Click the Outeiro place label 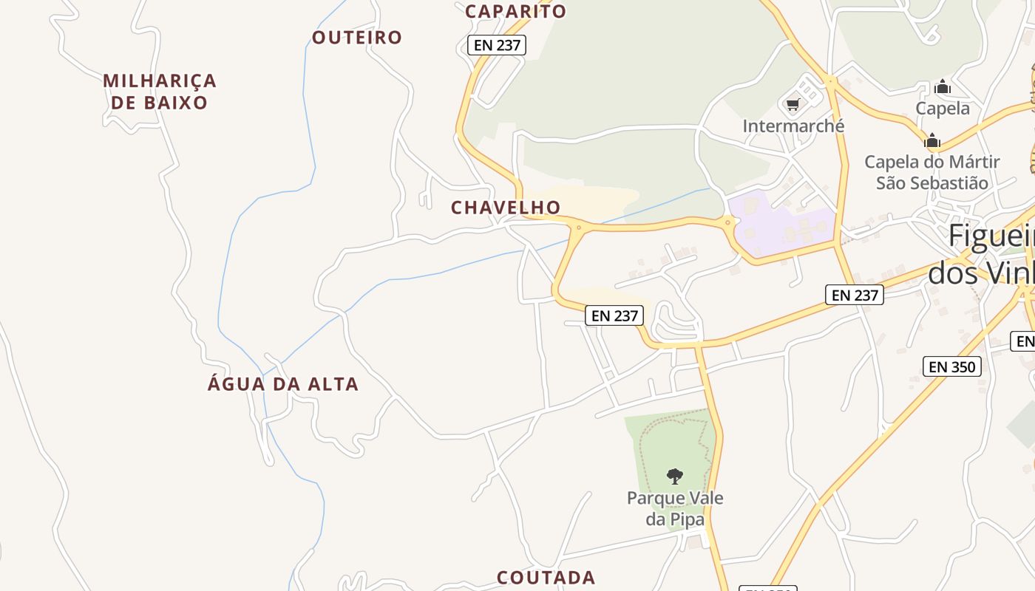point(356,37)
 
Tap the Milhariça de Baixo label point(160,91)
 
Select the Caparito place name point(515,11)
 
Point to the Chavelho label point(506,208)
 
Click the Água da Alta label point(283,384)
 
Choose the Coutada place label point(546,577)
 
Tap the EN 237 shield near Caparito point(497,45)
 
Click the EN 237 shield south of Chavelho point(614,315)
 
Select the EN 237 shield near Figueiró point(855,295)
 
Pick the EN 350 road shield point(951,366)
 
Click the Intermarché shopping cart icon point(793,105)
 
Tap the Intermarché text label point(793,126)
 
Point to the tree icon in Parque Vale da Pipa point(674,476)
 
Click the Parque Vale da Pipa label point(675,508)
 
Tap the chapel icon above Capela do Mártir point(932,140)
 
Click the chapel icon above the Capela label point(942,87)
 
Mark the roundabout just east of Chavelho point(578,228)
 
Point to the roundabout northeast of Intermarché point(831,81)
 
